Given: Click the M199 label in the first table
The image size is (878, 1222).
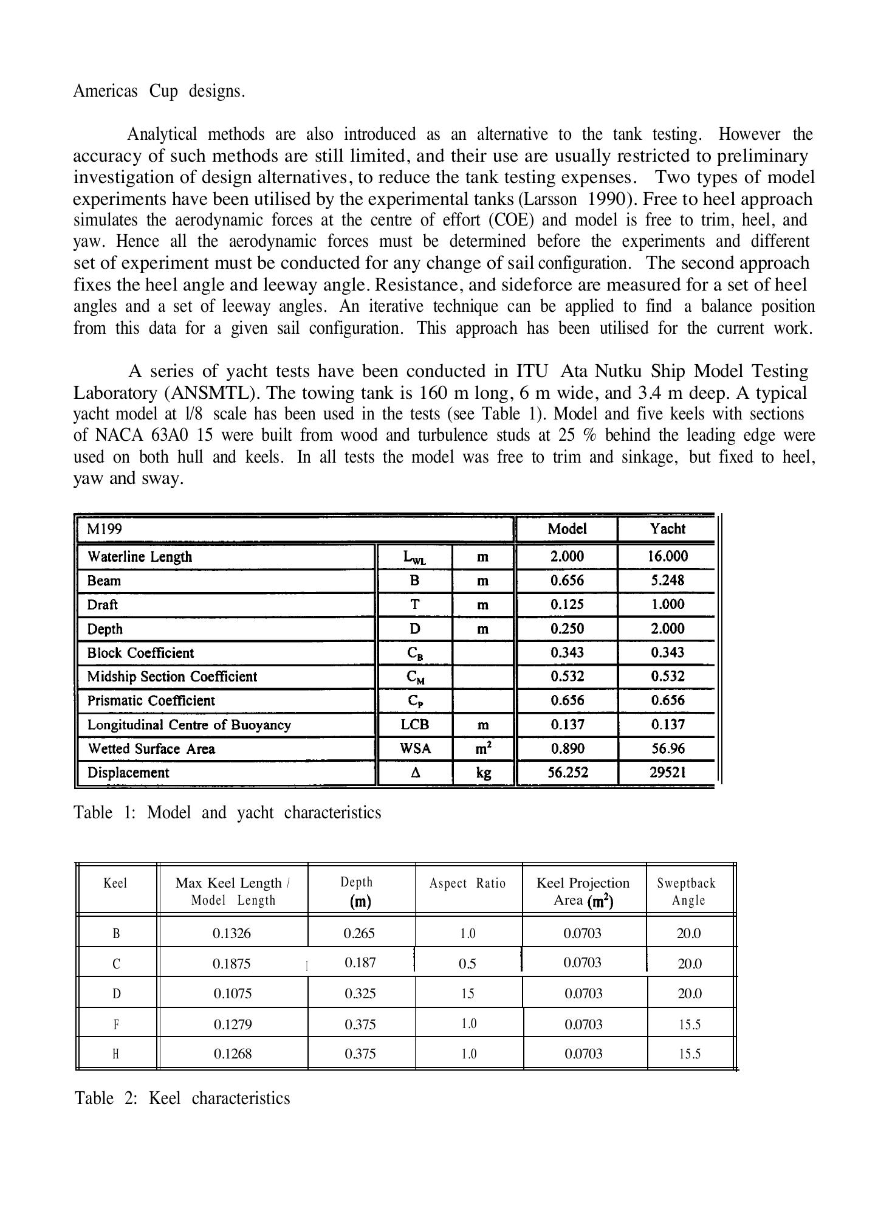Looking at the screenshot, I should coord(104,529).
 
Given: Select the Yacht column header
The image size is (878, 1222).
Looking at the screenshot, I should coord(667,529).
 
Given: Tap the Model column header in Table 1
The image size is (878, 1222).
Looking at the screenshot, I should coord(567,529).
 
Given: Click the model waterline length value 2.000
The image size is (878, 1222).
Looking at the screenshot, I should coord(567,556).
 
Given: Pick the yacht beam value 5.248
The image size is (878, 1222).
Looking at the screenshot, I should coord(667,581).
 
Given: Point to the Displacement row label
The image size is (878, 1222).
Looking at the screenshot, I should coord(128,773).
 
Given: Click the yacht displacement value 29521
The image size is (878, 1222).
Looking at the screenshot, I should coord(667,773).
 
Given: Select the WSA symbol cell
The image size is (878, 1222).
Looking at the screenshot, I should coord(415,749).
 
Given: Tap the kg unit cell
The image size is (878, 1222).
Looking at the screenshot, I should coord(483,773).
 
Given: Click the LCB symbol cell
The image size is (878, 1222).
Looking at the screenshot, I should coord(415,725).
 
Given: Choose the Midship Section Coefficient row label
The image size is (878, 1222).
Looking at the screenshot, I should coord(172,677).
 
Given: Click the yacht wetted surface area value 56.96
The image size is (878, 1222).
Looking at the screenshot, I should coord(667,749).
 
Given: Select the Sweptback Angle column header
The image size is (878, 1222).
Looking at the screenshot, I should coord(687,891).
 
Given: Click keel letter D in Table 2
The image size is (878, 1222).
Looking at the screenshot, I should coord(117,994).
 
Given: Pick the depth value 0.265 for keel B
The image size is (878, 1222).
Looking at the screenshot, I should coord(359,933).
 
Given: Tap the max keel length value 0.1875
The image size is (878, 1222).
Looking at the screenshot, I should coord(232,964).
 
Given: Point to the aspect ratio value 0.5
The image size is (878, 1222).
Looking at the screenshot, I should coord(467,964).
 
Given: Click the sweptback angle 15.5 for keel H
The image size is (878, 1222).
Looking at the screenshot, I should coord(690,1054).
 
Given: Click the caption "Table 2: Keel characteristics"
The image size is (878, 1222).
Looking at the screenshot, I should coord(182,1099).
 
